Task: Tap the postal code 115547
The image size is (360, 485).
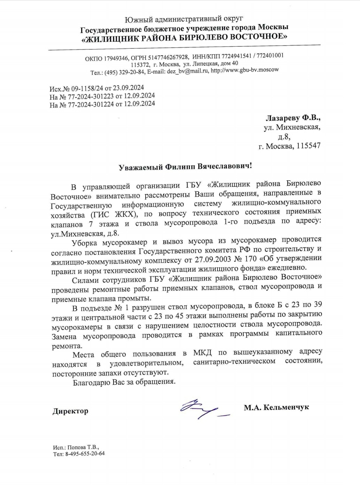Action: coord(308,146)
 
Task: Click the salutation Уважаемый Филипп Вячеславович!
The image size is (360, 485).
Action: coord(185,166)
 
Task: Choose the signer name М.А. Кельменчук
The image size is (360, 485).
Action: coord(276,407)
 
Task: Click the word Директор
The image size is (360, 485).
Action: coord(70,411)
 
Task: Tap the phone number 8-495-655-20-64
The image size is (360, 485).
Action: coord(85,454)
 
